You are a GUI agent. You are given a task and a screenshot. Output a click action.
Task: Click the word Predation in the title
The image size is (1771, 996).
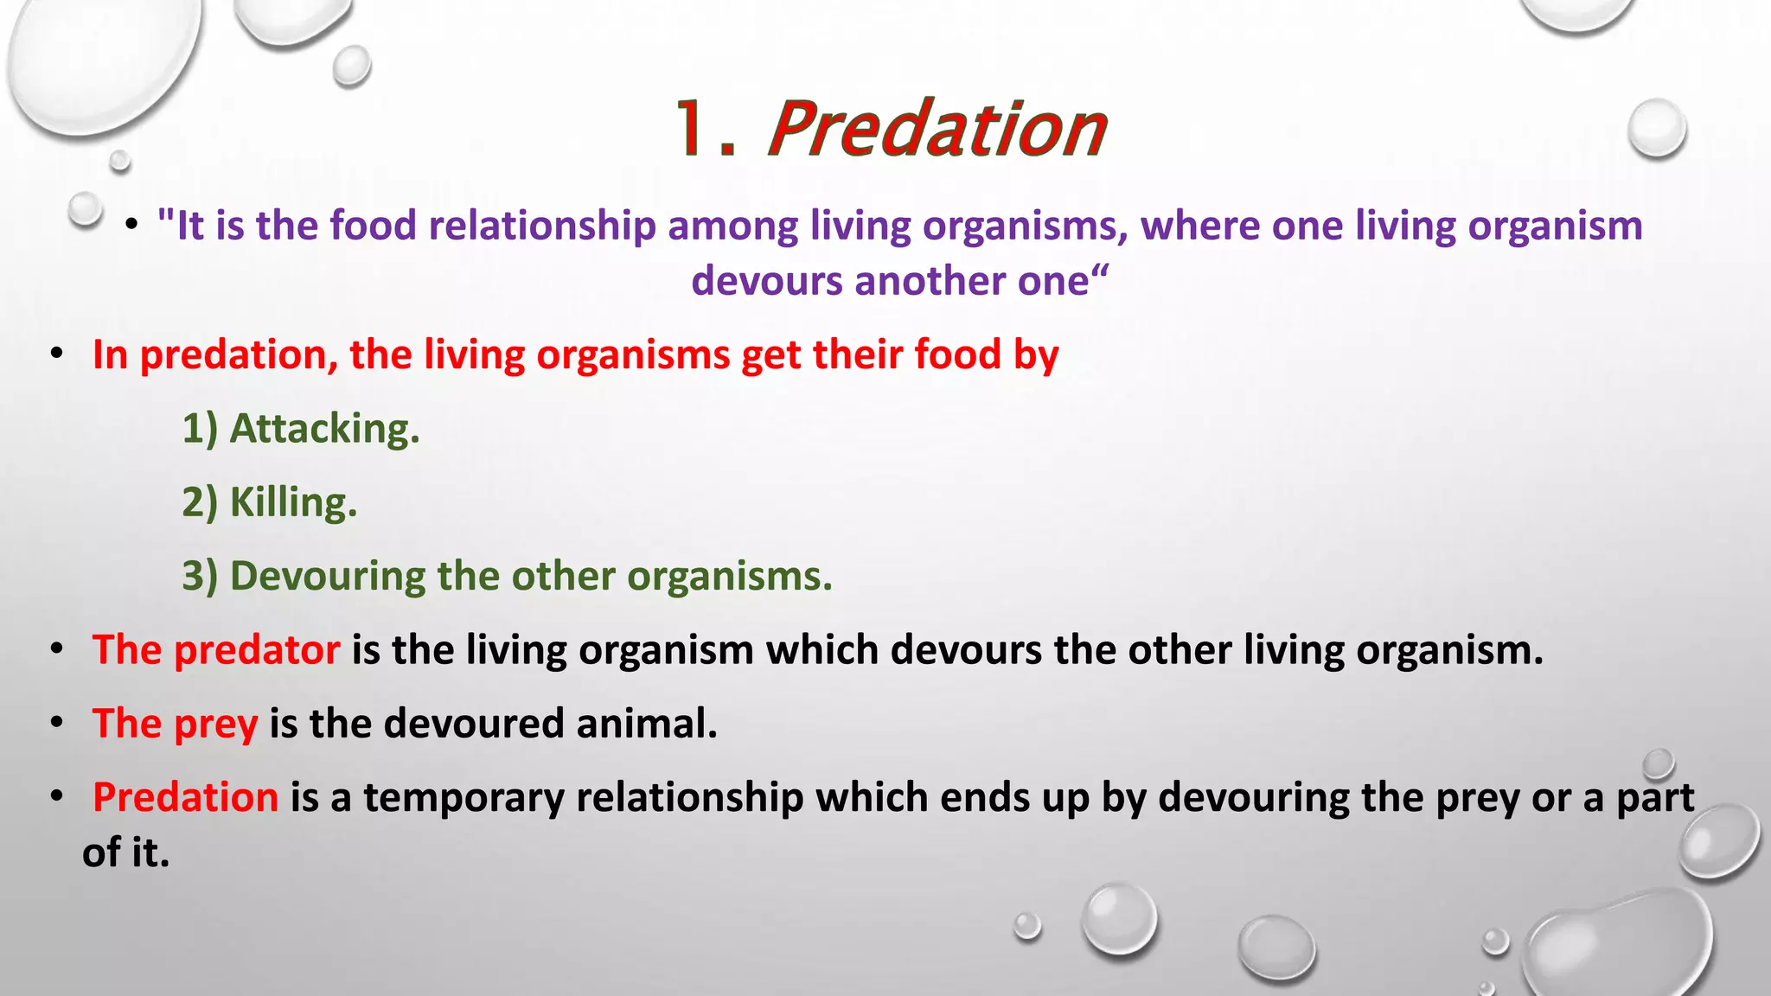coord(937,130)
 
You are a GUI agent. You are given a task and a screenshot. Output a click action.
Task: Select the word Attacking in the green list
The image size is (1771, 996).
coord(324,429)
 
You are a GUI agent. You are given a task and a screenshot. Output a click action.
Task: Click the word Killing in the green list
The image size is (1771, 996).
coord(293,502)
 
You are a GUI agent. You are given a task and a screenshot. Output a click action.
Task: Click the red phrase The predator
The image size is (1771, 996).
coord(216,650)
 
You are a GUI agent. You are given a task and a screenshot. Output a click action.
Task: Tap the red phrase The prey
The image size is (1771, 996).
coord(176,724)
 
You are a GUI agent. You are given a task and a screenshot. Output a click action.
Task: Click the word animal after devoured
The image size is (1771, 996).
coord(647,724)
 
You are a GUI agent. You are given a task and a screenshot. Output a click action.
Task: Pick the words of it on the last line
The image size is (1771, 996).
coord(126,853)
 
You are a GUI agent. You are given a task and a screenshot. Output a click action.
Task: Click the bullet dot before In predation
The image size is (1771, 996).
coord(57,354)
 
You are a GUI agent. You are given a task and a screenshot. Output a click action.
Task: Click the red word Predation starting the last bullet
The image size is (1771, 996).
coord(186,797)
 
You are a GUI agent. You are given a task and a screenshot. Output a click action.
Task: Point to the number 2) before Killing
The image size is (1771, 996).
coord(200,502)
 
